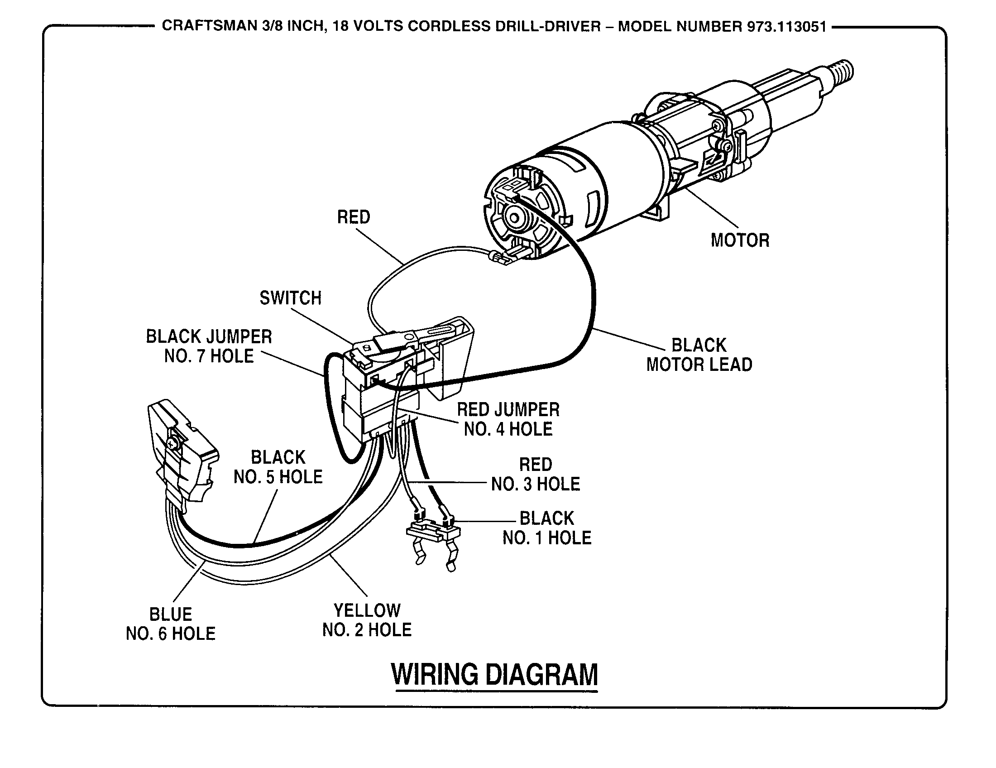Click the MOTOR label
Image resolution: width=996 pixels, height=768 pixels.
[740, 240]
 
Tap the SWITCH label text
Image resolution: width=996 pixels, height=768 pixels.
[291, 298]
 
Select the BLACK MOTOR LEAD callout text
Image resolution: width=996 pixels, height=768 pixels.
[699, 355]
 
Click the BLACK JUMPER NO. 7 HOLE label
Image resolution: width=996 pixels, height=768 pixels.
[209, 346]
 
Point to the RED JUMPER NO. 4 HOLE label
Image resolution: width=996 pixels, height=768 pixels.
[508, 420]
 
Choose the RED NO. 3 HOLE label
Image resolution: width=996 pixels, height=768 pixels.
[536, 474]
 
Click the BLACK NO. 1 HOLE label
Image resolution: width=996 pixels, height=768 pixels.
[547, 528]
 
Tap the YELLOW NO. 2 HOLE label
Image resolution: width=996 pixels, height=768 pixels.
[367, 620]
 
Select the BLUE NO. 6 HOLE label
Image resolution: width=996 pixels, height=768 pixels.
[171, 624]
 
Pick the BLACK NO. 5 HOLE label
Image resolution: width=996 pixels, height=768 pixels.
[278, 467]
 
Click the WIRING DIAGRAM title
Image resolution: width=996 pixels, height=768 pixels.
[495, 675]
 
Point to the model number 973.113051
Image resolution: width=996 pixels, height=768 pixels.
[787, 26]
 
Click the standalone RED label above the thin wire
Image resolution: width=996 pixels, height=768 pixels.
[354, 217]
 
